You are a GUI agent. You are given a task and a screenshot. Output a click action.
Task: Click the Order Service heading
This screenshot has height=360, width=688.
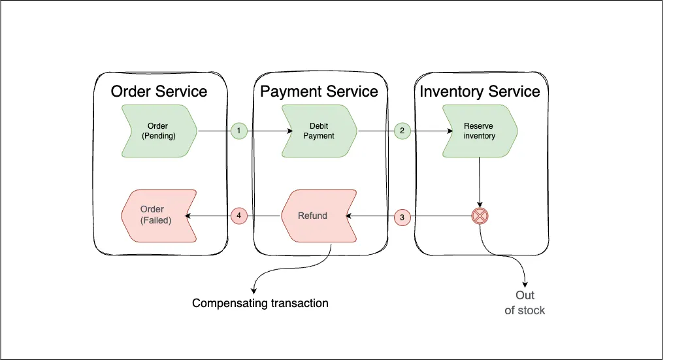click(159, 91)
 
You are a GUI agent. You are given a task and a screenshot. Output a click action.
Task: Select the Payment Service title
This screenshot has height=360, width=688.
click(319, 91)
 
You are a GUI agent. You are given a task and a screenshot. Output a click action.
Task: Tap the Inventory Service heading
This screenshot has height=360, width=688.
click(480, 91)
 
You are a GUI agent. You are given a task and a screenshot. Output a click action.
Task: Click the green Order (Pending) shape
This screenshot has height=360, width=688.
click(159, 131)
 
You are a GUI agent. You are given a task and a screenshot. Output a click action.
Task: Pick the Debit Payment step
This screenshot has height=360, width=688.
click(319, 131)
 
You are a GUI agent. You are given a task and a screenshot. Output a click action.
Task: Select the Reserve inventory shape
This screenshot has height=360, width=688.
click(480, 131)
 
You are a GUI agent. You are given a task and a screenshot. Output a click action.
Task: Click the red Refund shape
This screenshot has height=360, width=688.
click(319, 216)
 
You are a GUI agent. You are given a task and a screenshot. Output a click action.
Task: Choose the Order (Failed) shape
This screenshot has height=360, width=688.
click(159, 216)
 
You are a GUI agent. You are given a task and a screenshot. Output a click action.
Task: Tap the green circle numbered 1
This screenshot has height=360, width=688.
click(238, 131)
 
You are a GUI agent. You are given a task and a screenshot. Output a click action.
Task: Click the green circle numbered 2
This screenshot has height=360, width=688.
click(402, 131)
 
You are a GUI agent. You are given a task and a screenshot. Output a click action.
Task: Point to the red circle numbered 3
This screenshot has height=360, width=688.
click(402, 218)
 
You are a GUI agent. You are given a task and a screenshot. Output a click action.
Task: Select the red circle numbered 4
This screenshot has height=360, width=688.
click(238, 216)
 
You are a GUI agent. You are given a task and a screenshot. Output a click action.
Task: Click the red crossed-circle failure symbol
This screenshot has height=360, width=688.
click(480, 216)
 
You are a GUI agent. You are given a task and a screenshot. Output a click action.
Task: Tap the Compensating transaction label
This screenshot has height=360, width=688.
click(260, 303)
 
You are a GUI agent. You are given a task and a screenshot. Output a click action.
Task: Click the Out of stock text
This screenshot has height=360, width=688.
click(525, 303)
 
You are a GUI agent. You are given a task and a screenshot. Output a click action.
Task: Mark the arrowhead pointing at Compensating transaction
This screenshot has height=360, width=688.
click(253, 291)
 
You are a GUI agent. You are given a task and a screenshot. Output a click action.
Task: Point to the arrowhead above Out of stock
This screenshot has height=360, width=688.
click(525, 284)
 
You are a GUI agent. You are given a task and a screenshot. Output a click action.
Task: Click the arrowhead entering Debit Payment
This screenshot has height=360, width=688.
click(289, 131)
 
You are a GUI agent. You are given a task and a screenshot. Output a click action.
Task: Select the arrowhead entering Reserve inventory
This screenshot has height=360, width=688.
click(450, 131)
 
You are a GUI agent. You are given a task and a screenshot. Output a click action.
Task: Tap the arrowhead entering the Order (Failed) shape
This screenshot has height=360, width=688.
click(188, 216)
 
